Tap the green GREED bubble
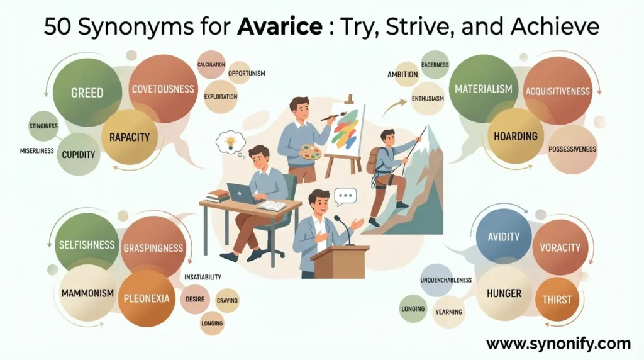coord(87,93)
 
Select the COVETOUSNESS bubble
coord(163,89)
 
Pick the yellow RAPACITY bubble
coord(130,137)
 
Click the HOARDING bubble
coord(516,136)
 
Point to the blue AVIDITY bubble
coord(504,237)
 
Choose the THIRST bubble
coord(557,299)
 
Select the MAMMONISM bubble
coord(87,293)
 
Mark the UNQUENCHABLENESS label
coord(445,279)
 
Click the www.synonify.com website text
coord(558,344)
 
